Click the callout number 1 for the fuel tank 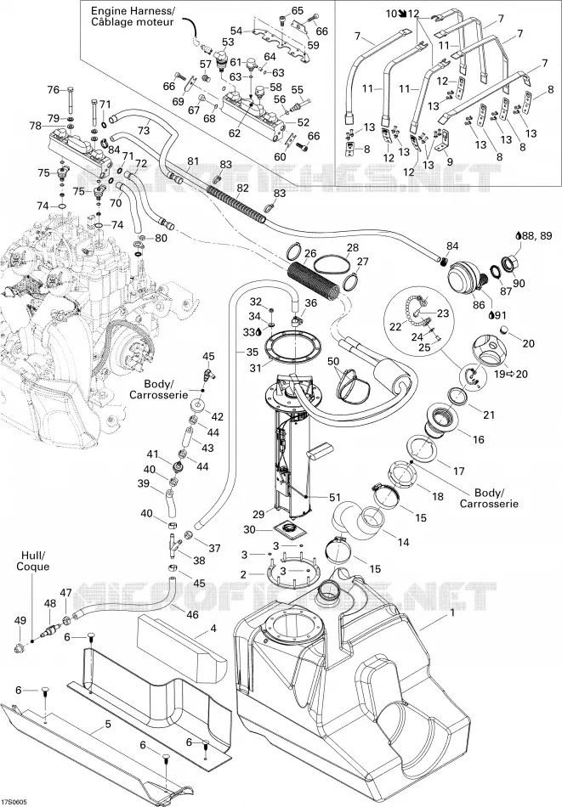(452, 613)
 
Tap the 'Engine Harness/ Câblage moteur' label (133, 16)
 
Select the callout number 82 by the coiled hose (242, 189)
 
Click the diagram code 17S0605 (14, 802)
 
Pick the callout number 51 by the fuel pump (335, 497)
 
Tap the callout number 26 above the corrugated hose (310, 253)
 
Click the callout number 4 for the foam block (213, 628)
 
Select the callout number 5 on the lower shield (108, 724)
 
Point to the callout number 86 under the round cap (479, 305)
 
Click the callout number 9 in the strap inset (450, 161)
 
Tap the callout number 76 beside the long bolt (54, 90)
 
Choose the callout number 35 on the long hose (253, 353)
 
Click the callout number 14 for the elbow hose (403, 542)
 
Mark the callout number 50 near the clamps (334, 361)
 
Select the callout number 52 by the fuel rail (304, 122)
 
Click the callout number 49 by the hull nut (20, 621)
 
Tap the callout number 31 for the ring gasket (256, 368)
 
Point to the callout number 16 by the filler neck (479, 439)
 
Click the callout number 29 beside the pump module (258, 514)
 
